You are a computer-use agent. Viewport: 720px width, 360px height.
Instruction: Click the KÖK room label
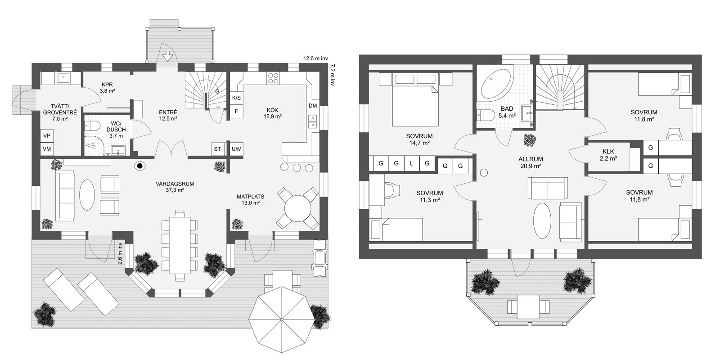pyautogui.click(x=273, y=110)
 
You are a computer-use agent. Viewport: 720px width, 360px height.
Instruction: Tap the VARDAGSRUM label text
pyautogui.click(x=175, y=184)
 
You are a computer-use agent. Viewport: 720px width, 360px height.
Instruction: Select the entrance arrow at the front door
pyautogui.click(x=167, y=56)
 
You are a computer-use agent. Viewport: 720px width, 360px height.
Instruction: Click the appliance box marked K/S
pyautogui.click(x=236, y=98)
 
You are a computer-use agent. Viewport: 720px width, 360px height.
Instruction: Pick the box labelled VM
pyautogui.click(x=47, y=149)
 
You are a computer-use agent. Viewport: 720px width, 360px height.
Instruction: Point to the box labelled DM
pyautogui.click(x=312, y=106)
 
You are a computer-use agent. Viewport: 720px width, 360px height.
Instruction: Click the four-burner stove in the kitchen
pyautogui.click(x=273, y=78)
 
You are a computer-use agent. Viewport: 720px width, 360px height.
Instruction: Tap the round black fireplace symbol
pyautogui.click(x=140, y=166)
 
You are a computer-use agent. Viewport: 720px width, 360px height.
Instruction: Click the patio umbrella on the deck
pyautogui.click(x=282, y=319)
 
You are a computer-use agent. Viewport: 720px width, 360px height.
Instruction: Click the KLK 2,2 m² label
pyautogui.click(x=608, y=155)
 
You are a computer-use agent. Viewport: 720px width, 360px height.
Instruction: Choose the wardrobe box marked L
pyautogui.click(x=411, y=163)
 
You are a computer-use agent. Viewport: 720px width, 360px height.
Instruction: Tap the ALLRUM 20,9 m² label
pyautogui.click(x=531, y=162)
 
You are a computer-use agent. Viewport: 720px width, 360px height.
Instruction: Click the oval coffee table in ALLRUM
pyautogui.click(x=542, y=220)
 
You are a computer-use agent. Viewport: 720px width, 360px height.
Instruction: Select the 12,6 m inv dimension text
pyautogui.click(x=315, y=58)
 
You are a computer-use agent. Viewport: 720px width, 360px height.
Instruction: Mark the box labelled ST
pyautogui.click(x=218, y=149)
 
